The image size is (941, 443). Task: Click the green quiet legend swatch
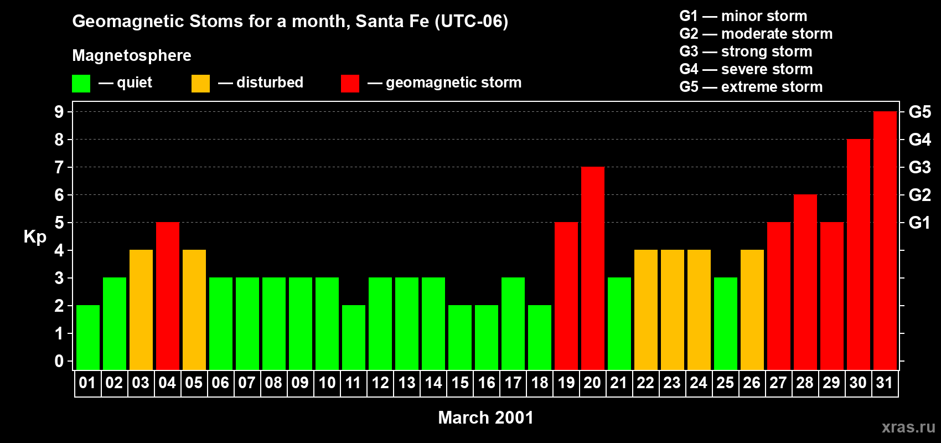(81, 84)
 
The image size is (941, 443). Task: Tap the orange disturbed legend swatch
(200, 84)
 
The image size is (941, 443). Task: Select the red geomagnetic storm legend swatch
(350, 84)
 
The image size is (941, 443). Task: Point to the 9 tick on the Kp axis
(59, 112)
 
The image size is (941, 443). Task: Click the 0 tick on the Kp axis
(59, 361)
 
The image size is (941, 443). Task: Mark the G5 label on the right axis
(919, 112)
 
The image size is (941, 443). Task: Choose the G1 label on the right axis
(919, 223)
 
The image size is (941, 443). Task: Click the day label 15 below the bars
(459, 383)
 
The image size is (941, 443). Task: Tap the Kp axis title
(35, 237)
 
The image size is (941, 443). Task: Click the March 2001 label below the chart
(485, 418)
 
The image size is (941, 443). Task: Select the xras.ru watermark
(908, 427)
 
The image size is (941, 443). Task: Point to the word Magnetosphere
(132, 55)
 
